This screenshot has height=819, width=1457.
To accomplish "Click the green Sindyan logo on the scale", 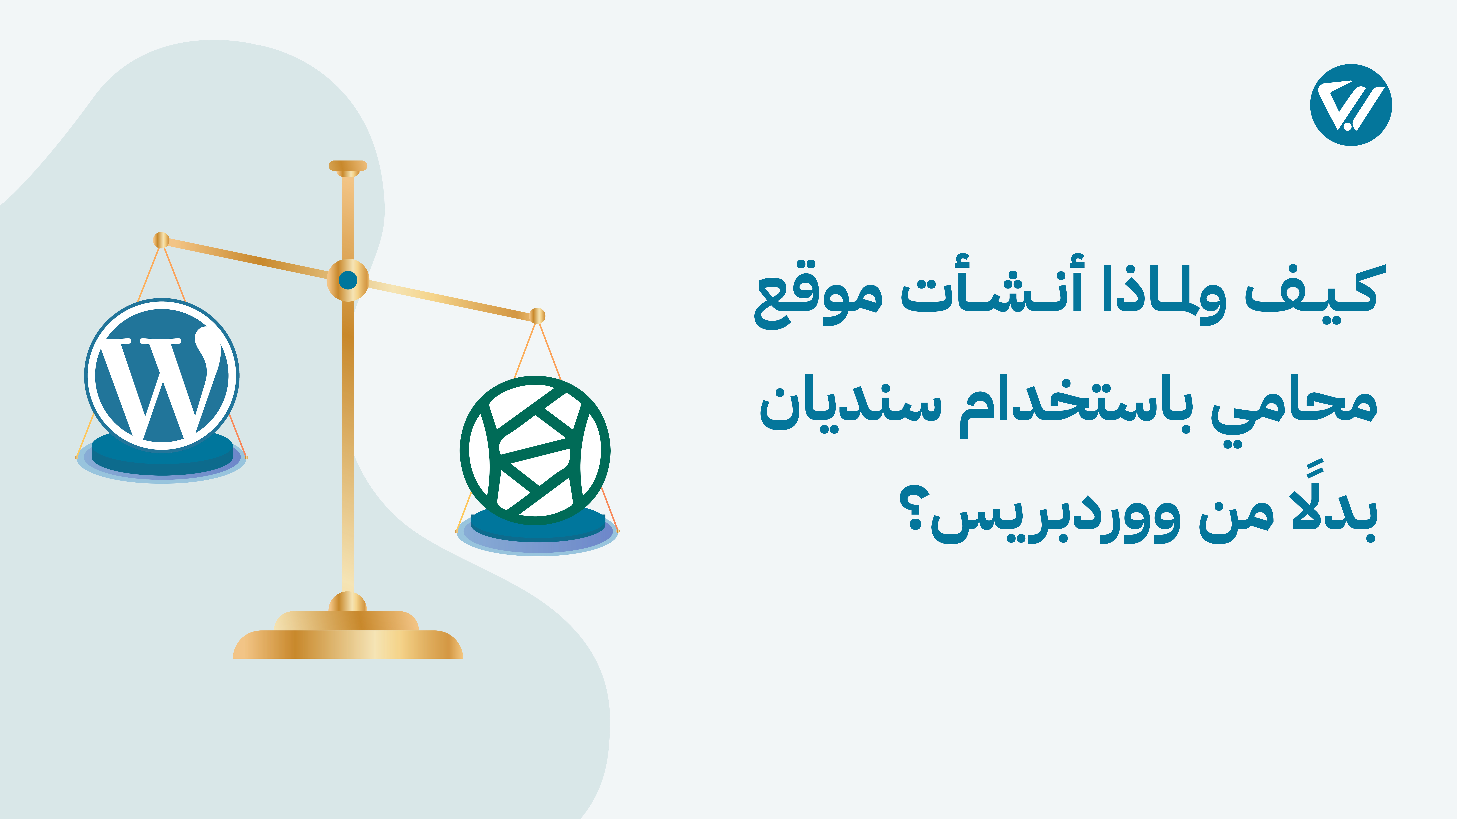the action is point(535,450).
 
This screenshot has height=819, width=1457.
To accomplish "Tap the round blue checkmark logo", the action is point(1351,105).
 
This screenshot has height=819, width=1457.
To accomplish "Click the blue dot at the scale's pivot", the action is point(348,280).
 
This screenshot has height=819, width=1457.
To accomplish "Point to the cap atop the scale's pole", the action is point(348,166).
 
